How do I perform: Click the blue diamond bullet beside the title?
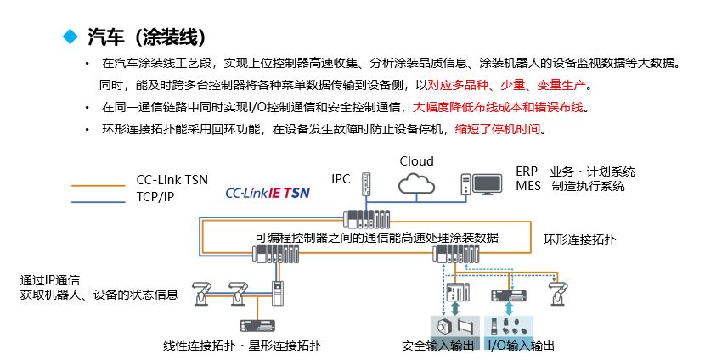70,37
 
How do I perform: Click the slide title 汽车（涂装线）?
145,37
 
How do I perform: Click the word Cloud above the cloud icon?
416,161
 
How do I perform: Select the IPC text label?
341,178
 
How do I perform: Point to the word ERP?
526,172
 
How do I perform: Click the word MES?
527,186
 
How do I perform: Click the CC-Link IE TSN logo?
268,193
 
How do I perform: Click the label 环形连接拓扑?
579,240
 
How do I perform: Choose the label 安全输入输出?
437,346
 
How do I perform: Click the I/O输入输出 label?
521,346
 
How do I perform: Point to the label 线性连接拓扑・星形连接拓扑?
242,346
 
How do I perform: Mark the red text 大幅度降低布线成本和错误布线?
499,108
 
